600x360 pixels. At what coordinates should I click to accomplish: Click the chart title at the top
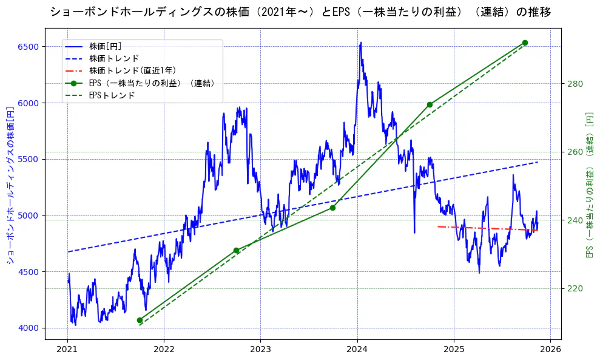[x=300, y=12]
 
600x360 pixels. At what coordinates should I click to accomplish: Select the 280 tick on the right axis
[x=575, y=84]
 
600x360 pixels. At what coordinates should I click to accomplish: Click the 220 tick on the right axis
[x=575, y=288]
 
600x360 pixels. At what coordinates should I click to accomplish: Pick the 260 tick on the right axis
[x=575, y=152]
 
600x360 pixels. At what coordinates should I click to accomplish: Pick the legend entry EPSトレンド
[x=112, y=95]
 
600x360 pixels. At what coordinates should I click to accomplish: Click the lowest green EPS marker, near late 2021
[x=140, y=320]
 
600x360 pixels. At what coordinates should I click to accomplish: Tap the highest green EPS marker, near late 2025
[x=525, y=42]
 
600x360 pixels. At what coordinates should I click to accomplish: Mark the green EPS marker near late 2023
[x=332, y=208]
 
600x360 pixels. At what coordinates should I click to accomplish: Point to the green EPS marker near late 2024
[x=430, y=104]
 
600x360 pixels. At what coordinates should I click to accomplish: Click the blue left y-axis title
[x=10, y=188]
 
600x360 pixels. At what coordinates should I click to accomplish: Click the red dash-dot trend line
[x=485, y=228]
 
